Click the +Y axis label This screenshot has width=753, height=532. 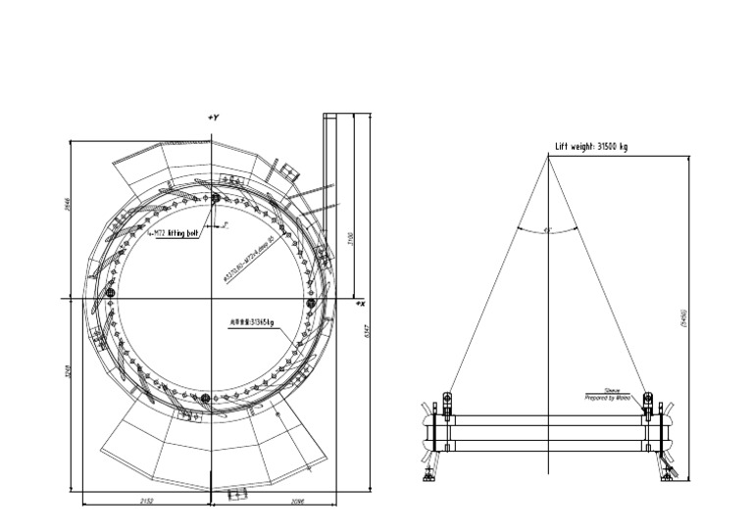tap(213, 118)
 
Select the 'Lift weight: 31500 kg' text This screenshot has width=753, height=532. tap(591, 147)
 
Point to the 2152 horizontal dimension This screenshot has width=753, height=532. tap(147, 501)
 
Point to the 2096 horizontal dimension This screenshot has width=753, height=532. tap(273, 501)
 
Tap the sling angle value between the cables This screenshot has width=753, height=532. tap(548, 229)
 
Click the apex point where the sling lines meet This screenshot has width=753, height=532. tap(548, 158)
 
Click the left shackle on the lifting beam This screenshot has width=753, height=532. tap(447, 403)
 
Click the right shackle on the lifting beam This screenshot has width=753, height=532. tap(647, 403)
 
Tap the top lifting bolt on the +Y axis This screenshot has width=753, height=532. tap(214, 199)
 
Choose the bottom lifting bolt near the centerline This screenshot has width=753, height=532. tap(205, 398)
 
